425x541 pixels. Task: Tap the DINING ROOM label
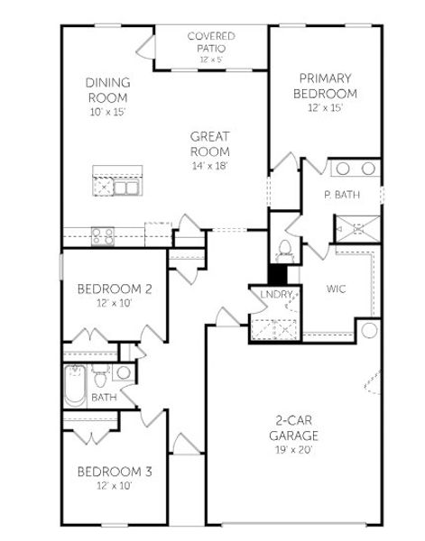pyautogui.click(x=108, y=90)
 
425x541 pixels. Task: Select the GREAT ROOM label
pyautogui.click(x=210, y=143)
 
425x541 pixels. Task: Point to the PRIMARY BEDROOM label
pyautogui.click(x=325, y=85)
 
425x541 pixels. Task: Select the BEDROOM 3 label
pyautogui.click(x=114, y=472)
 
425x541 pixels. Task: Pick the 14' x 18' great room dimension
pyautogui.click(x=210, y=166)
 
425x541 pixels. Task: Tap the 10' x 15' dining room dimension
pyautogui.click(x=108, y=112)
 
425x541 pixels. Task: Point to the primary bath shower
pyautogui.click(x=356, y=227)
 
